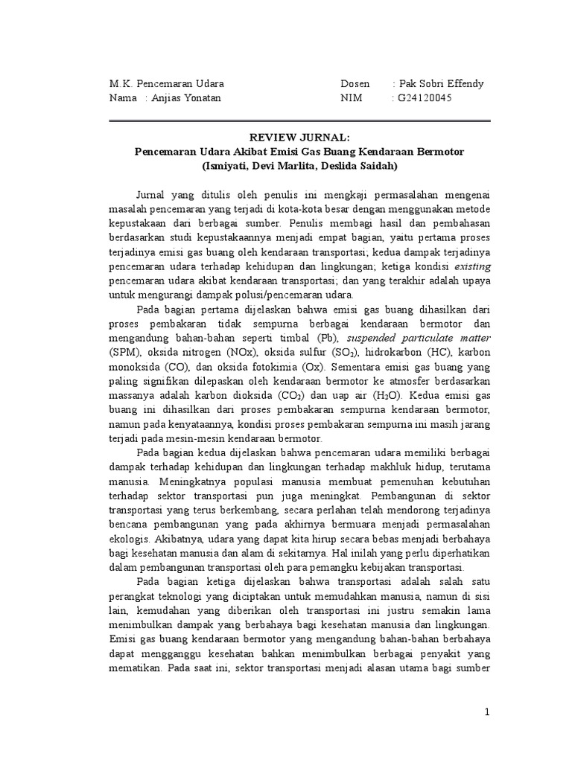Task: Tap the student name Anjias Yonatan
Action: pyautogui.click(x=182, y=97)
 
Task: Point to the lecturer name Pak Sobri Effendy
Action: pyautogui.click(x=440, y=83)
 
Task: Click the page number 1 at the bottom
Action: pyautogui.click(x=487, y=713)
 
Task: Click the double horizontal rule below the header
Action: pyautogui.click(x=299, y=121)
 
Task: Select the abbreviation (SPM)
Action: pyautogui.click(x=124, y=351)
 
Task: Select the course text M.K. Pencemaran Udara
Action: pyautogui.click(x=166, y=83)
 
